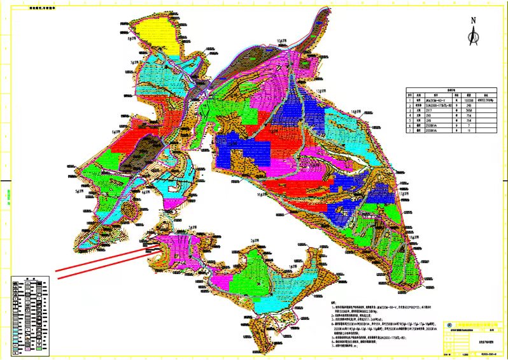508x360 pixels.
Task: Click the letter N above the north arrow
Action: (x=473, y=20)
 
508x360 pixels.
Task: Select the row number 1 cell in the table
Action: (x=410, y=99)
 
